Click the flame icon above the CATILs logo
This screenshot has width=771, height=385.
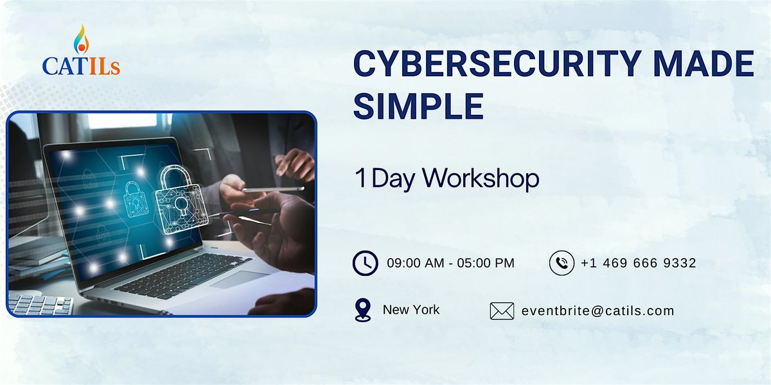[x=81, y=40]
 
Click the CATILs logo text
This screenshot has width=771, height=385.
[x=81, y=66]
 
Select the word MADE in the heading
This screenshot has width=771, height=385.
[x=704, y=64]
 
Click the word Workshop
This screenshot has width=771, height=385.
[x=481, y=178]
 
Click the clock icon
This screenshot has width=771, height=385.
[x=365, y=263]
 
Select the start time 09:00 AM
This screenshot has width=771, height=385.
[x=416, y=263]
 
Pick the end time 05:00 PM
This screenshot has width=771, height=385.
[x=486, y=263]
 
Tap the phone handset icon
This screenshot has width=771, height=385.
[x=562, y=263]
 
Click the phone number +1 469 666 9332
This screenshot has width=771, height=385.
[x=639, y=263]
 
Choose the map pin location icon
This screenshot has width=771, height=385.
[x=363, y=310]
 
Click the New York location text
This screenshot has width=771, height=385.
[x=411, y=310]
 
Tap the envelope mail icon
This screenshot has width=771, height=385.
[x=502, y=311]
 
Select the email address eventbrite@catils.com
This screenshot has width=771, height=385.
[x=598, y=311]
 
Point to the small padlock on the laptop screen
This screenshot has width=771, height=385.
[x=136, y=200]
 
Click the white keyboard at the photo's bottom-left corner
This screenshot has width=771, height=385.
[x=40, y=304]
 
